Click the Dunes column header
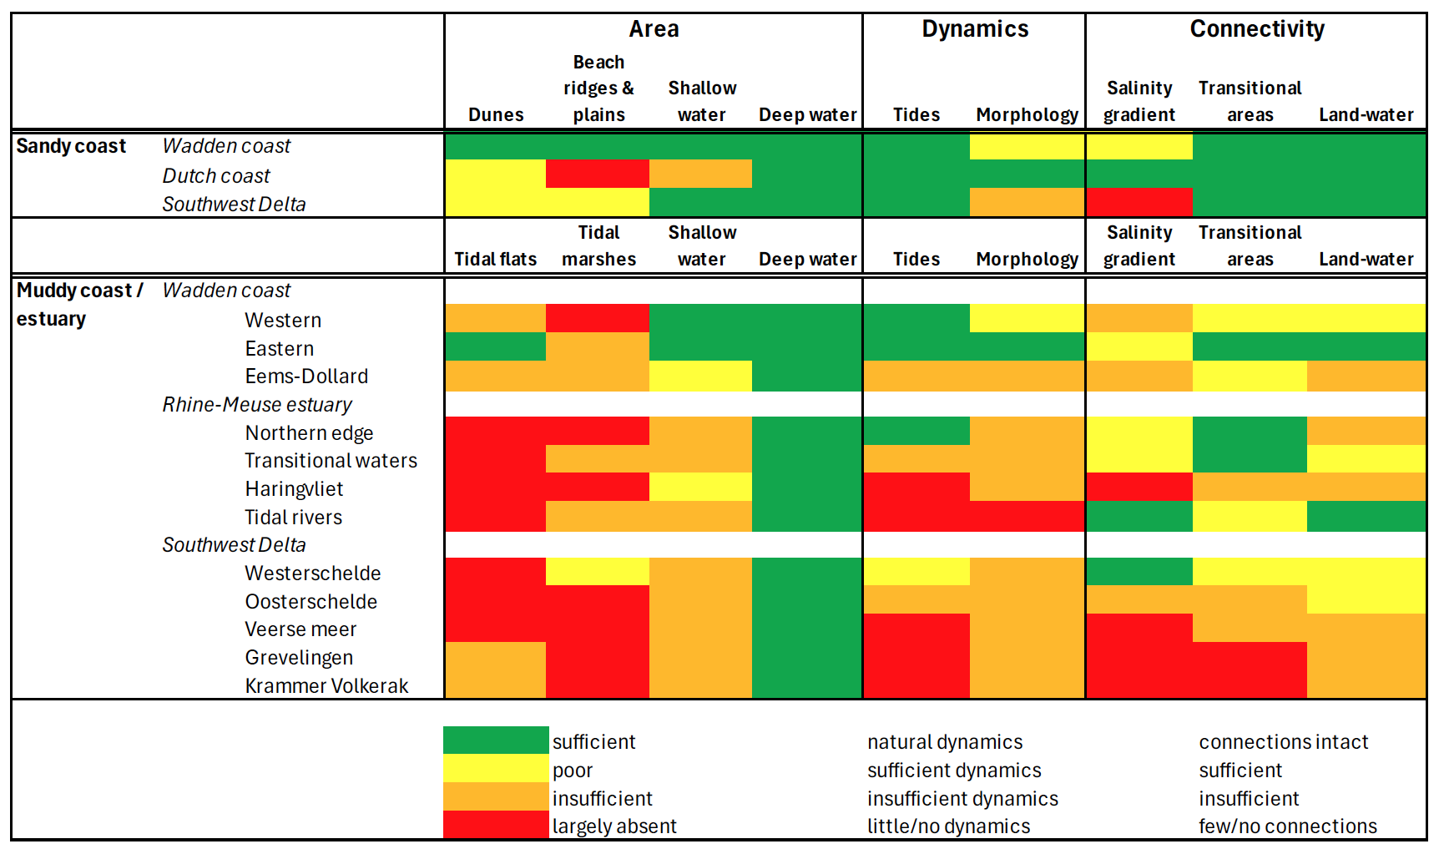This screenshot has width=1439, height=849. pos(496,114)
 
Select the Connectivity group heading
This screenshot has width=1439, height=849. pos(1257,29)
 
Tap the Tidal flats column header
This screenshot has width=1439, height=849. pos(496,259)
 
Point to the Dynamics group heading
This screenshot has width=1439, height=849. pos(975,29)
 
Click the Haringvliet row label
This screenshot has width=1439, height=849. pos(294,489)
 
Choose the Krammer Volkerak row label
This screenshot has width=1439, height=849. pos(326,685)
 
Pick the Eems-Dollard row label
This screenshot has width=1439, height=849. pos(306,376)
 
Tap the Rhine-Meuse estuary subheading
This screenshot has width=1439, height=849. pos(257,405)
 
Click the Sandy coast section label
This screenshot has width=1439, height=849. pos(71,146)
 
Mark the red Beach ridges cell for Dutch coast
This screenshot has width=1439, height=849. pos(598,174)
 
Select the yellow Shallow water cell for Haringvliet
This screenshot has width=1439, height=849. pos(700,487)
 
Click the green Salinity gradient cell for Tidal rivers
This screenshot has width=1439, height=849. pos(1139,516)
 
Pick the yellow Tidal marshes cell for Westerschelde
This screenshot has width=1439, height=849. pos(598,571)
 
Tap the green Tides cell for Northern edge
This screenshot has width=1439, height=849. pos(916,431)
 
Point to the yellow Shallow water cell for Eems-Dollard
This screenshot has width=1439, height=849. pos(700,376)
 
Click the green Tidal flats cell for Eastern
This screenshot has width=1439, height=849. pos(495,346)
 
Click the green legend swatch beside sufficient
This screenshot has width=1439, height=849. pos(496,740)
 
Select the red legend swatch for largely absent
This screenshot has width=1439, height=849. pos(496,825)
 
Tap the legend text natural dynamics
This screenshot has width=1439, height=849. pos(945,742)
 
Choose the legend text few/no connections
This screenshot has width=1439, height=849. pos(1288,826)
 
